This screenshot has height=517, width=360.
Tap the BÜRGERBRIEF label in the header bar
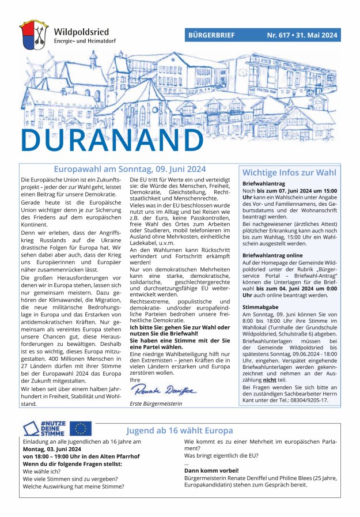211,35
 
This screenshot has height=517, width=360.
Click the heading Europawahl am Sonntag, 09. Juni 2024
130,169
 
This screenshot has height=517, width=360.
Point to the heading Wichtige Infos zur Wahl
289,172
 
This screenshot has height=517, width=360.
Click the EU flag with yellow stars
81,428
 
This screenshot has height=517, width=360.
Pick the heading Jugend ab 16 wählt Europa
180,431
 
